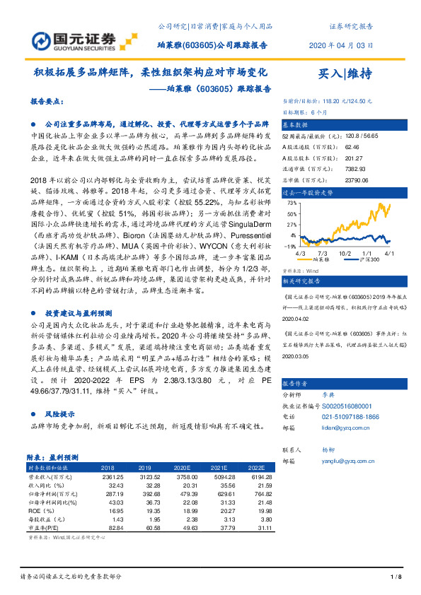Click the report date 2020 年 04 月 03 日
click(342, 45)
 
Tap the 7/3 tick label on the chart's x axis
click(322, 232)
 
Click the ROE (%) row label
click(39, 510)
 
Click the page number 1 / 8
click(396, 577)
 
